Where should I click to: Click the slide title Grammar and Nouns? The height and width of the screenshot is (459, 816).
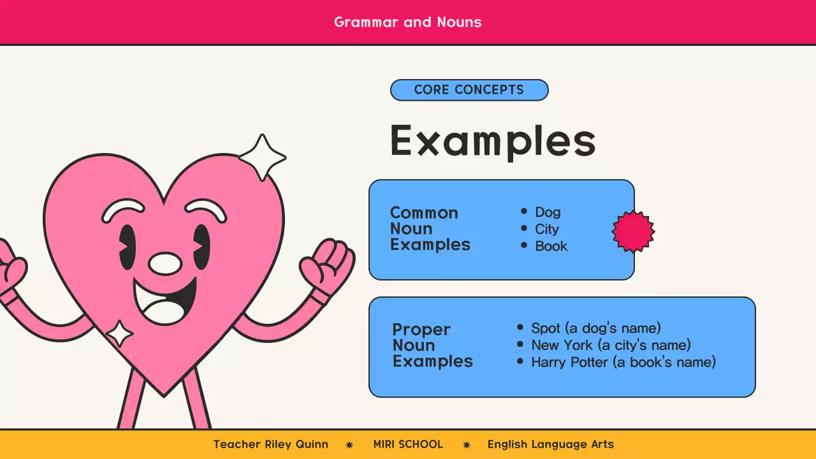coord(407,22)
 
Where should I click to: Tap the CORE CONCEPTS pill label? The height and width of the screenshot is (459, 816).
coord(469,90)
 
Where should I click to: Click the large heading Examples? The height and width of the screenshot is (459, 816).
coord(492,141)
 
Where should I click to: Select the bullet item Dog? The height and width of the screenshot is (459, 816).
coord(548,212)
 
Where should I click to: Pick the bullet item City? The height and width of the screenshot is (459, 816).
coord(546,229)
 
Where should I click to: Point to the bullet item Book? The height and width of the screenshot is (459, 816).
coord(551,247)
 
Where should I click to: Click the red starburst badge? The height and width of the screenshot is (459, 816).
coord(633,231)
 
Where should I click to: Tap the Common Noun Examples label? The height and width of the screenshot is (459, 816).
coord(430,229)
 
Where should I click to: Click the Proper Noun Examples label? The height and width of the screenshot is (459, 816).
coord(432,346)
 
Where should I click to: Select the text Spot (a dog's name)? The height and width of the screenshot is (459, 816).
coord(595,328)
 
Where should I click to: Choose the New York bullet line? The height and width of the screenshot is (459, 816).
coord(611,346)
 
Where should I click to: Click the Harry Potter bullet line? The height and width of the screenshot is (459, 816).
coord(623,363)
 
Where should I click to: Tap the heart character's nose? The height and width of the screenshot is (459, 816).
coord(165,263)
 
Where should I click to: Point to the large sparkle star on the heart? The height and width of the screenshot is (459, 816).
coord(261,157)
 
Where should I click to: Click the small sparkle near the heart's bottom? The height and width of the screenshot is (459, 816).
coord(119,333)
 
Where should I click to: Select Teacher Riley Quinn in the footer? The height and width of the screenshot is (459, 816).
coord(270,444)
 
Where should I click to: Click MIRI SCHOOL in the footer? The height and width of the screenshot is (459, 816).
coord(408,444)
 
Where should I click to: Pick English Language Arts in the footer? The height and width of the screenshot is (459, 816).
coord(550,444)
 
